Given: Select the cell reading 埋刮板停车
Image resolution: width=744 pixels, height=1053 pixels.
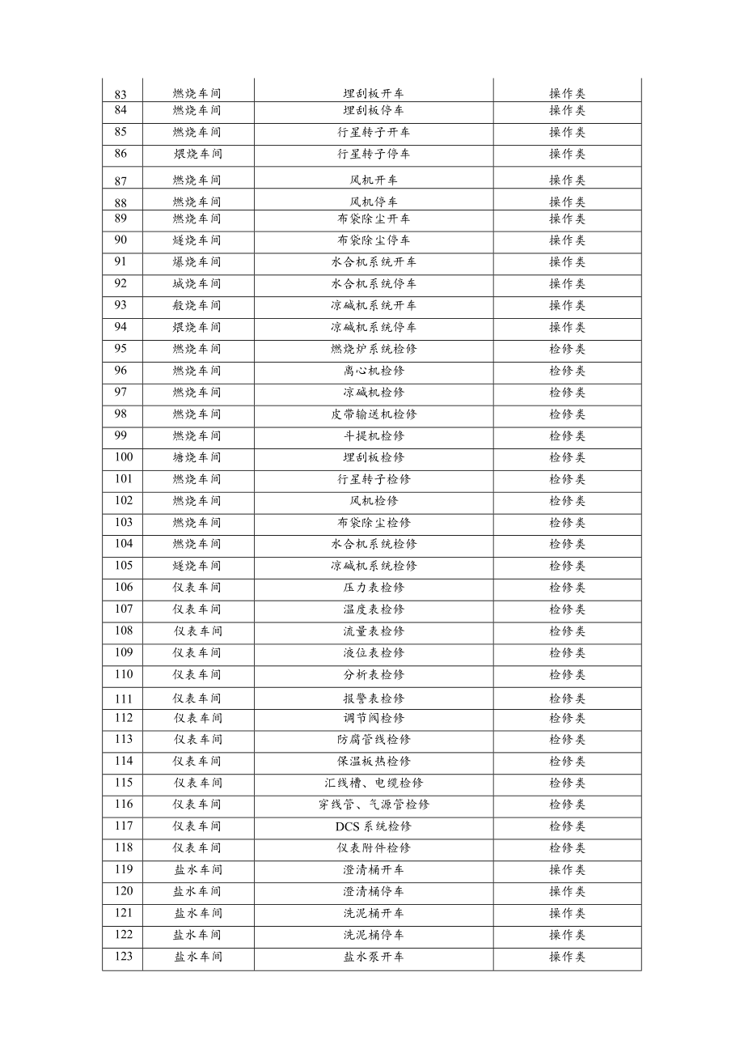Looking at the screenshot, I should point(373,111).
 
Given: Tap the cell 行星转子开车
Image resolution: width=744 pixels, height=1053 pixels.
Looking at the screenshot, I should point(373,133).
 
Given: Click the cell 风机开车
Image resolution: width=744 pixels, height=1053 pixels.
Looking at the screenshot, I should point(373,180).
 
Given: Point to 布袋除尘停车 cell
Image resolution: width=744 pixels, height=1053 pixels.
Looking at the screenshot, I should point(373,240).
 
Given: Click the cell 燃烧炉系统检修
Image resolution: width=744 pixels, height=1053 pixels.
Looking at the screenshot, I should point(373,349).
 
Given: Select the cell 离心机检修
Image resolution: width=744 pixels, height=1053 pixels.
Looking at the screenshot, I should point(373,371).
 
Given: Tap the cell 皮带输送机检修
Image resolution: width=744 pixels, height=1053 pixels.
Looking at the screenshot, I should point(373,414).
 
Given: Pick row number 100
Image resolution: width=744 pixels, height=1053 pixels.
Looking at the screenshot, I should point(123,457).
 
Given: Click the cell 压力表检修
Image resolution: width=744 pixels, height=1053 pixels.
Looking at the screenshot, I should point(373,588).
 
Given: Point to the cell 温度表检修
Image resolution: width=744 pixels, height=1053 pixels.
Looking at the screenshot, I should point(373,609).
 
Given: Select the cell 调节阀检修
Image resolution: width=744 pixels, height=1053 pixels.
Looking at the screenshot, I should point(373,718).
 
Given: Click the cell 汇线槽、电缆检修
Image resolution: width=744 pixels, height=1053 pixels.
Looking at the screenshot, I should point(373,783).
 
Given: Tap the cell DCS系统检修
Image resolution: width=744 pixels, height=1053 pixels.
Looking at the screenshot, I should point(373,826).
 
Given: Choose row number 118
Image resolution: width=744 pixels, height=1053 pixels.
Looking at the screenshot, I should point(123,848).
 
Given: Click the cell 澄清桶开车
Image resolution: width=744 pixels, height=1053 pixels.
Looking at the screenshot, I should point(373,870).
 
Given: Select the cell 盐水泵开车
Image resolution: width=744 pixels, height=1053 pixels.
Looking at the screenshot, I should point(373,957).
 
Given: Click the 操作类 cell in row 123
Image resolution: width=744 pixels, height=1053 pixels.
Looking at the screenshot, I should point(567,957).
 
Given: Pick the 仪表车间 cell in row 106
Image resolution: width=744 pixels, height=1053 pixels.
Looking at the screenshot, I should point(197,588).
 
